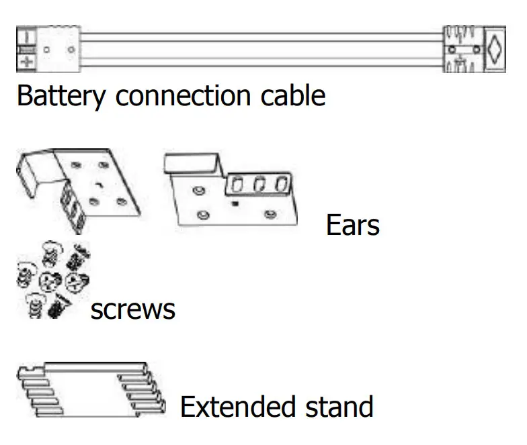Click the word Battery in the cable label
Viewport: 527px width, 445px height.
click(60, 96)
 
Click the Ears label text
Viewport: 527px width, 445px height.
click(352, 225)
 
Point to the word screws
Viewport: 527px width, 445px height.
click(132, 309)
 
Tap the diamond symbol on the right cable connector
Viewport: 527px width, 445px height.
click(495, 50)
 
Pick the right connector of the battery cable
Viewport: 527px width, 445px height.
click(473, 50)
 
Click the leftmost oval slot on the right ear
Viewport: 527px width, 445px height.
click(237, 184)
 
